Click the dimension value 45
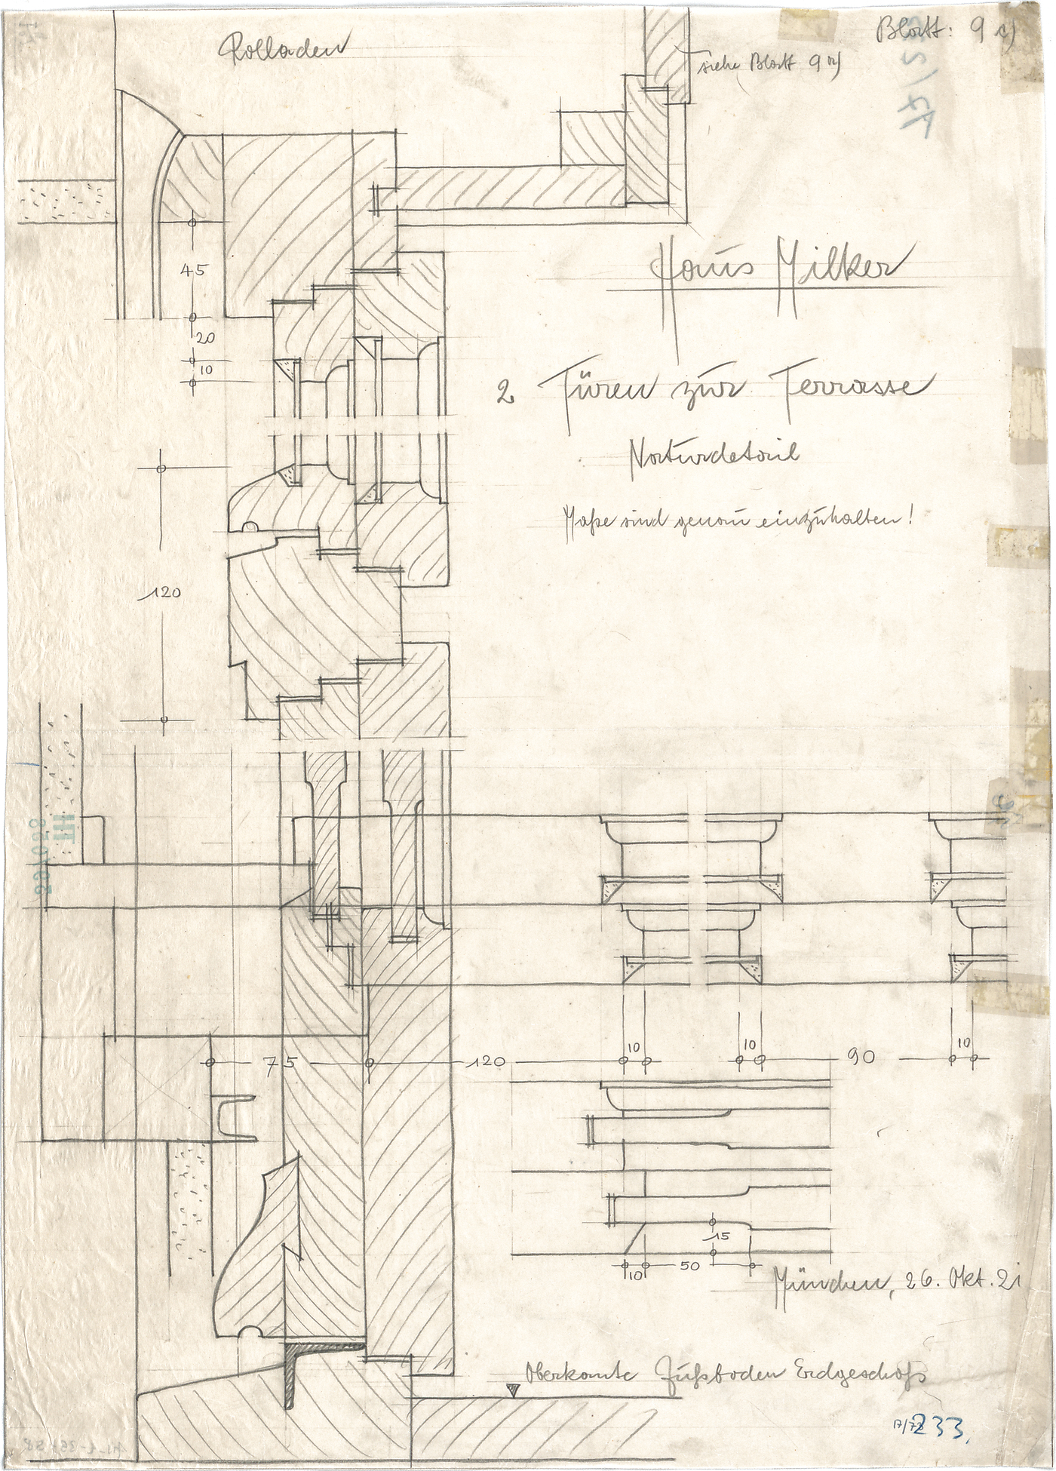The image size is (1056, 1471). point(193,270)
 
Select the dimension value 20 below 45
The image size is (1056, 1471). point(205,339)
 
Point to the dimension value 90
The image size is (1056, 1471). point(861,1058)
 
